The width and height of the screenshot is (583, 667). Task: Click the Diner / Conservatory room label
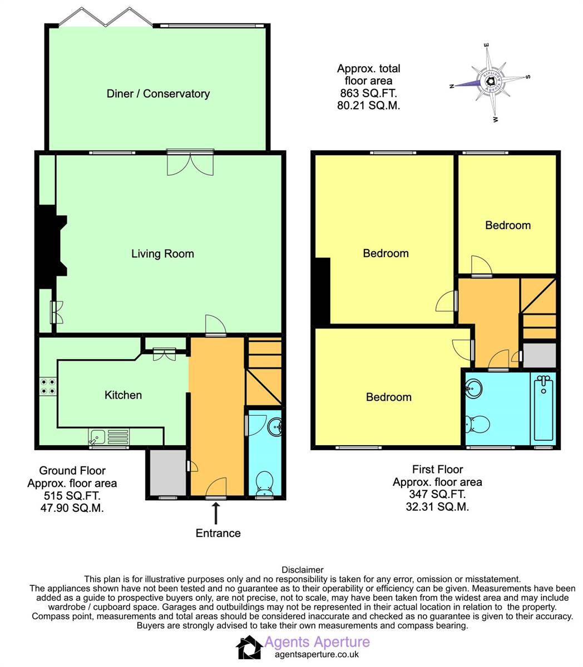pyautogui.click(x=158, y=93)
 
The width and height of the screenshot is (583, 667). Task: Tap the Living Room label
pyautogui.click(x=162, y=254)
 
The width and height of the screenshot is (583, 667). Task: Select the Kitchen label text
pyautogui.click(x=123, y=395)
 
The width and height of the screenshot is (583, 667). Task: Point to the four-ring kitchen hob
pyautogui.click(x=48, y=386)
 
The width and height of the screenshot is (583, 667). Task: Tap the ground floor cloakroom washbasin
pyautogui.click(x=275, y=427)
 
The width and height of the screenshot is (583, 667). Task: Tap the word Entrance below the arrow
pyautogui.click(x=218, y=533)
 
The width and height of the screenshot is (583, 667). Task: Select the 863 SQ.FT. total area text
pyautogui.click(x=368, y=93)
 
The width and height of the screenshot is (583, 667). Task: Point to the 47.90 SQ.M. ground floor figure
pyautogui.click(x=72, y=508)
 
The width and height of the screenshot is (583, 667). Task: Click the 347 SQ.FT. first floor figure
pyautogui.click(x=437, y=494)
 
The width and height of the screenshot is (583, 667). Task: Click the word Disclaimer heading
pyautogui.click(x=302, y=570)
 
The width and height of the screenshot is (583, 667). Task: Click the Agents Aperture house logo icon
pyautogui.click(x=249, y=648)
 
